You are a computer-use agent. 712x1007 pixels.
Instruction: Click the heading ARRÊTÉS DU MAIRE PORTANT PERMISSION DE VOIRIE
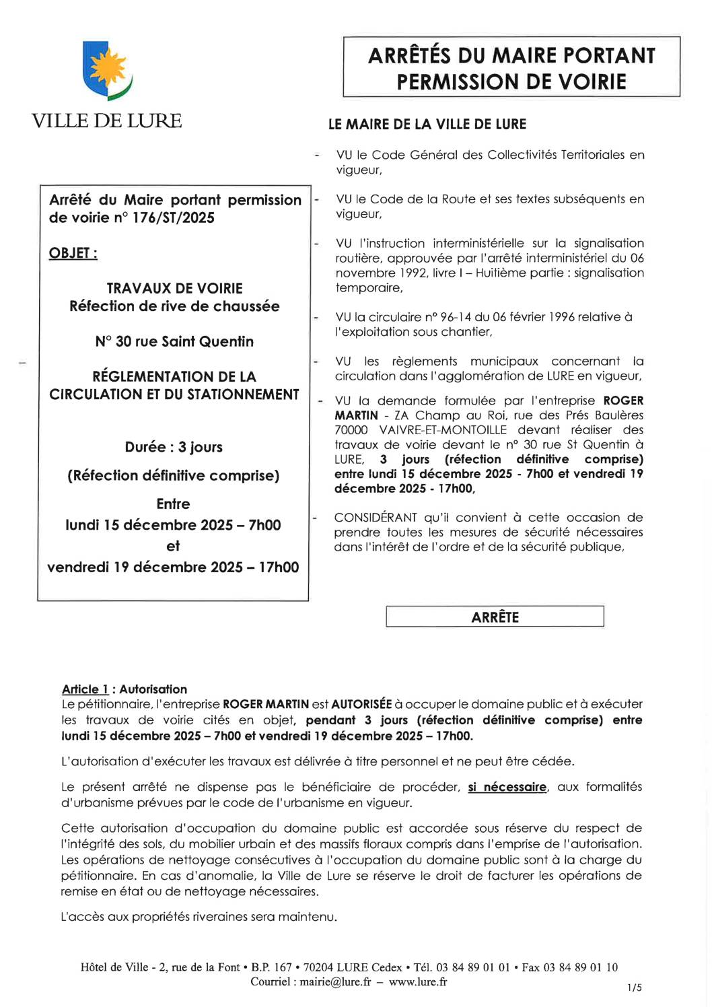511,68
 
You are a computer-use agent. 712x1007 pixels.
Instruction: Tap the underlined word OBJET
73,253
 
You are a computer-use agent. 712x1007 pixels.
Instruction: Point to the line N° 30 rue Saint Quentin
174,341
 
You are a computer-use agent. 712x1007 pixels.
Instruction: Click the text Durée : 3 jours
174,447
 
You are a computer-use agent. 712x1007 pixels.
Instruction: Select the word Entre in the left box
173,503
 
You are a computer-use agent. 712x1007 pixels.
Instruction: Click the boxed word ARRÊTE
495,617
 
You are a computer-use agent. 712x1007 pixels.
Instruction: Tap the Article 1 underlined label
85,689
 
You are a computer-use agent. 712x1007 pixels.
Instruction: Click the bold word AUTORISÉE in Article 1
361,704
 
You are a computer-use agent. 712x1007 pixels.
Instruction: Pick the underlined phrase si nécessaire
507,787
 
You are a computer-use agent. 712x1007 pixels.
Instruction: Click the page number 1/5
634,987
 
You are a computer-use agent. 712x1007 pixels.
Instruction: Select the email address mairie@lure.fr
335,981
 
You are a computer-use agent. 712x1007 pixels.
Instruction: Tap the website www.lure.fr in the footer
417,981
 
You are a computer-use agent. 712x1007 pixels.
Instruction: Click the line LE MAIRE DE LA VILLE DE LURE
427,125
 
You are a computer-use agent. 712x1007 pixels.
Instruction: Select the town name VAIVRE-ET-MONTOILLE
443,429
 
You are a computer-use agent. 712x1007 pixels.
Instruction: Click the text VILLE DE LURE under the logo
106,121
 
